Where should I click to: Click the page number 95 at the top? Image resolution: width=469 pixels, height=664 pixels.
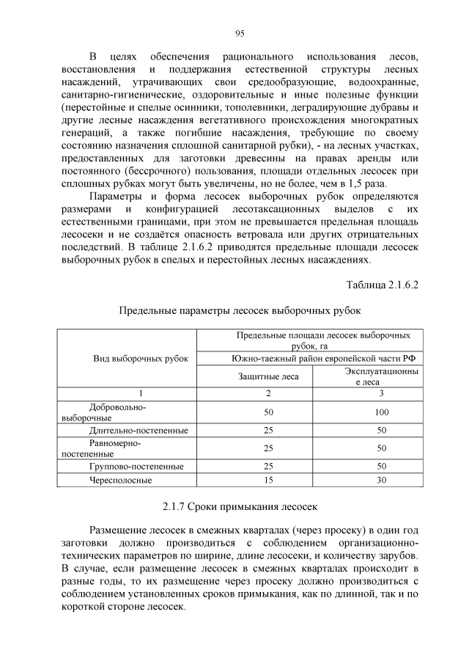240,33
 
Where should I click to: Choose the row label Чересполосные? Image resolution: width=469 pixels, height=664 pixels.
120,480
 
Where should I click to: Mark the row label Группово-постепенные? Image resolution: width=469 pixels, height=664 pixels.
136,466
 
